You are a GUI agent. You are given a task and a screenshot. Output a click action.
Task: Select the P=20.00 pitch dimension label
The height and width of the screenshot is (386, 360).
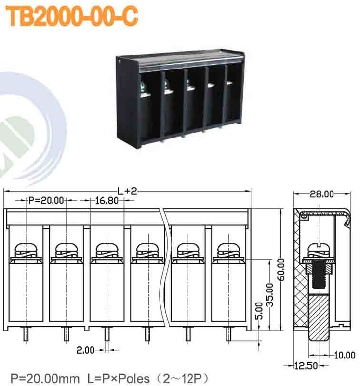pos(46,200)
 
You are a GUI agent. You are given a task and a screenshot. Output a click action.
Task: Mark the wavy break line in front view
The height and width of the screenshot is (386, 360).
pos(166,270)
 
